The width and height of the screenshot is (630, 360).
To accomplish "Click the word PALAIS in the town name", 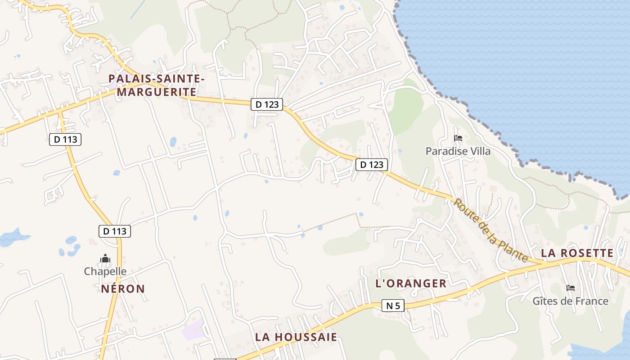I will (x=127, y=79).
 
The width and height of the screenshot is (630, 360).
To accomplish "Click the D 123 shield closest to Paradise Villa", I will (x=372, y=165).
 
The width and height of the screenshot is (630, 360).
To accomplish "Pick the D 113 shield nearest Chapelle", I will (x=115, y=231).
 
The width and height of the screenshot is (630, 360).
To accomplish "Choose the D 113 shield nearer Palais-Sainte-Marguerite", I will (x=66, y=139).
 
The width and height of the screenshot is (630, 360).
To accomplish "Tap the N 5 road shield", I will (x=393, y=306).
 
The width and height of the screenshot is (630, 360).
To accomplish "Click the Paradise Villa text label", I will (x=458, y=151).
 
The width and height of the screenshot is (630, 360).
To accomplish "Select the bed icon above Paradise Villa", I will (x=458, y=138).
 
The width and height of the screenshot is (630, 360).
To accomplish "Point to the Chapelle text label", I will (x=105, y=271).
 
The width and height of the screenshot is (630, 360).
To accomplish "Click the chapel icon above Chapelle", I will (x=105, y=258).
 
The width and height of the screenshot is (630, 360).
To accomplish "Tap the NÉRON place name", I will (x=123, y=289).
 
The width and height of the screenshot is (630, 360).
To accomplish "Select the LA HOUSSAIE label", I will (x=296, y=337).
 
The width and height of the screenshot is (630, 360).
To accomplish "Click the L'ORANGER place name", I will (x=411, y=283).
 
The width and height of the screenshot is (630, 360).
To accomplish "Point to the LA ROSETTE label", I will (x=577, y=253).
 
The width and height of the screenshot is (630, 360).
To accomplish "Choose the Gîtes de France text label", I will (x=570, y=301).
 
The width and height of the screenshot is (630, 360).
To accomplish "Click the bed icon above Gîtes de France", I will (x=571, y=288).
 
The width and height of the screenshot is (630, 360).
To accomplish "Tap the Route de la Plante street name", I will (x=490, y=230).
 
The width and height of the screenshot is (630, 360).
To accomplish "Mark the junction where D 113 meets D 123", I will (x=59, y=110).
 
